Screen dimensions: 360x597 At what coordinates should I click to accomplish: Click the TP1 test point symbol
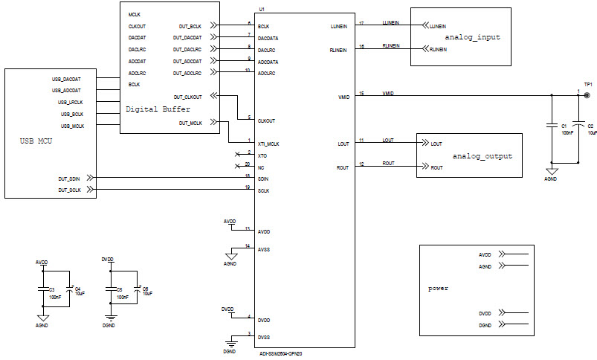587,95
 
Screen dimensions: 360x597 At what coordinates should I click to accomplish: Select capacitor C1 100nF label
567,129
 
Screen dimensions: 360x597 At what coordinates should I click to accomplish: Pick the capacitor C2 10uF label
591,129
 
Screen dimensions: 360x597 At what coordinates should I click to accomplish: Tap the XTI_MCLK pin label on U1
269,144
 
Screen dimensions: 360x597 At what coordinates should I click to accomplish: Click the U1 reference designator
261,9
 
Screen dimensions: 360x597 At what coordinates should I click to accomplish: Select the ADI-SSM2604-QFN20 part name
280,354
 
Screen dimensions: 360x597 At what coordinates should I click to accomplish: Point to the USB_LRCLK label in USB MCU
70,102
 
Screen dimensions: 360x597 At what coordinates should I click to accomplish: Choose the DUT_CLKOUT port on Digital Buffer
188,97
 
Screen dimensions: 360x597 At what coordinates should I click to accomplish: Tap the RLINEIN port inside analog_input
438,50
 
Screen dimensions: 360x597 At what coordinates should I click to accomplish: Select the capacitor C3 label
52,289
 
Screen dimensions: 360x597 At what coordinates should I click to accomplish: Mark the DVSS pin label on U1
264,337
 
